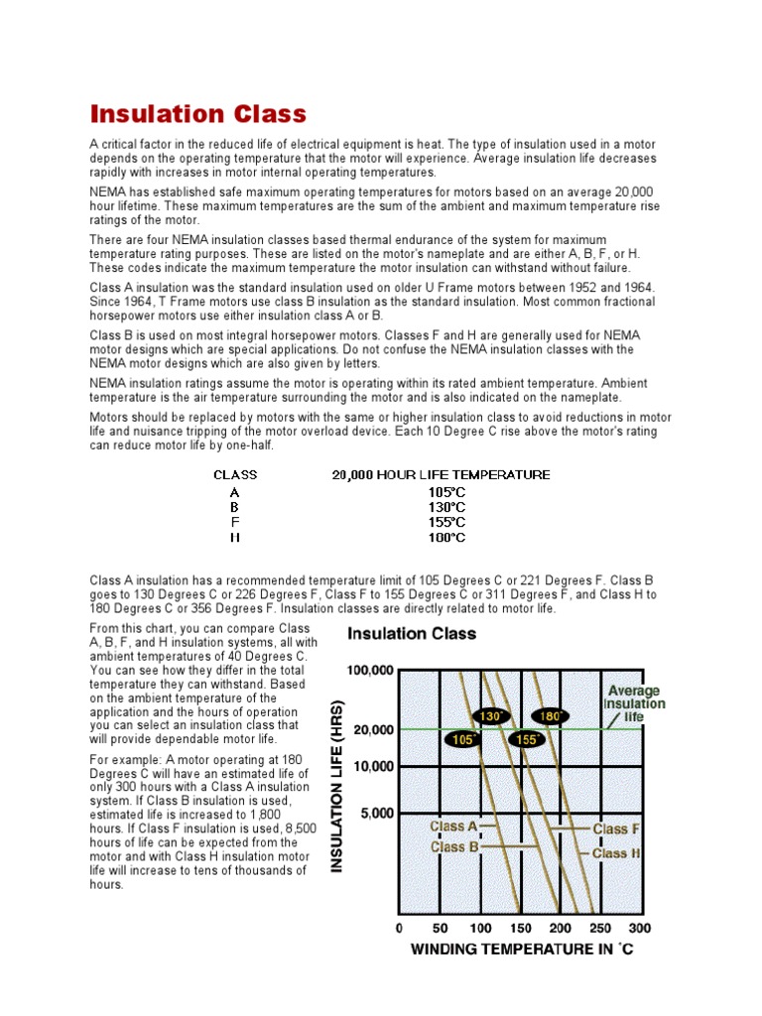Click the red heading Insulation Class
click(x=198, y=114)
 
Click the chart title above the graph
click(x=411, y=633)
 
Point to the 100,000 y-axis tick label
click(x=369, y=671)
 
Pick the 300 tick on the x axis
click(x=639, y=929)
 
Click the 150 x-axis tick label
click(x=519, y=929)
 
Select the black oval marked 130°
click(x=491, y=715)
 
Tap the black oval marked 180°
click(x=550, y=715)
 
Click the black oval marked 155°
click(x=526, y=739)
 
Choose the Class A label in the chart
click(x=454, y=825)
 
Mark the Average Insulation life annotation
click(x=634, y=703)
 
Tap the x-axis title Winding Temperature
click(x=522, y=951)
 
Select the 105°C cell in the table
click(x=441, y=491)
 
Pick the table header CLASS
click(x=235, y=475)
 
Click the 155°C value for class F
click(x=441, y=522)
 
